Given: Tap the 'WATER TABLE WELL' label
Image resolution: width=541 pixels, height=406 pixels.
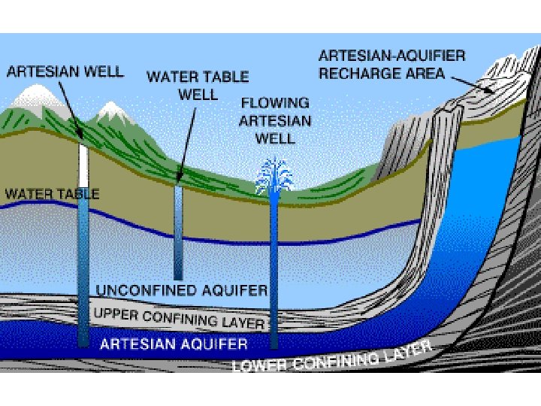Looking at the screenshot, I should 197,86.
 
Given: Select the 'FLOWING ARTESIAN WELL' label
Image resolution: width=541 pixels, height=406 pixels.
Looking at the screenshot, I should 274,120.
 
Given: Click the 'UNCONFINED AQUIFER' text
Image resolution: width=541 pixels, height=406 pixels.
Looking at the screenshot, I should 183,289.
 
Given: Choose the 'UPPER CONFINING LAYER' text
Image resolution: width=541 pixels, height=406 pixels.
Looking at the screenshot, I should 179,317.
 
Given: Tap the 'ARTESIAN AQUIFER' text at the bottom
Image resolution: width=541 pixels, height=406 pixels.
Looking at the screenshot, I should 174,344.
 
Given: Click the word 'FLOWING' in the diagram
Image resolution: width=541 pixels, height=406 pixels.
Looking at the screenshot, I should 274,102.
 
